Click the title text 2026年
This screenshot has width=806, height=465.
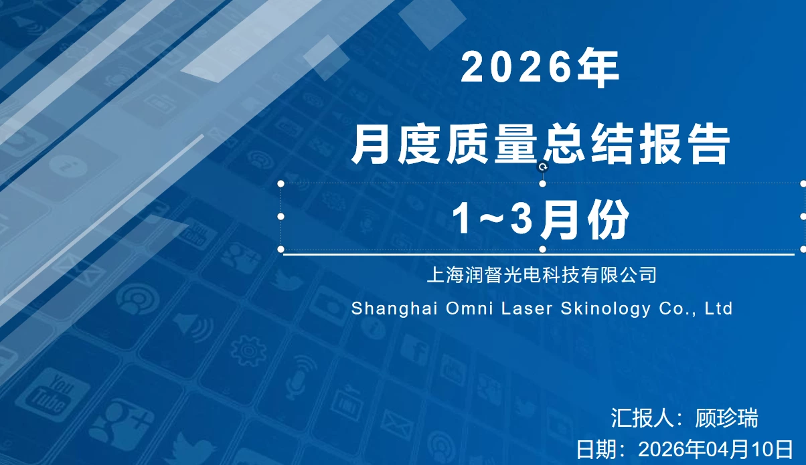pos(540,68)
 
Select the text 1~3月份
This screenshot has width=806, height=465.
pos(540,219)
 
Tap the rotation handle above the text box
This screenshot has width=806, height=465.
pos(543,167)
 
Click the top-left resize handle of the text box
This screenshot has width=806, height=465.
pos(281,183)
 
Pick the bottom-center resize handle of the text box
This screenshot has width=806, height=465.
pos(543,249)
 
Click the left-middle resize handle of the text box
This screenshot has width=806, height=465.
pos(281,216)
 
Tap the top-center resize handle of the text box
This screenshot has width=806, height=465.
pos(543,183)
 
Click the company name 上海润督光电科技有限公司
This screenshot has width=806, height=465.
pos(542,274)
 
